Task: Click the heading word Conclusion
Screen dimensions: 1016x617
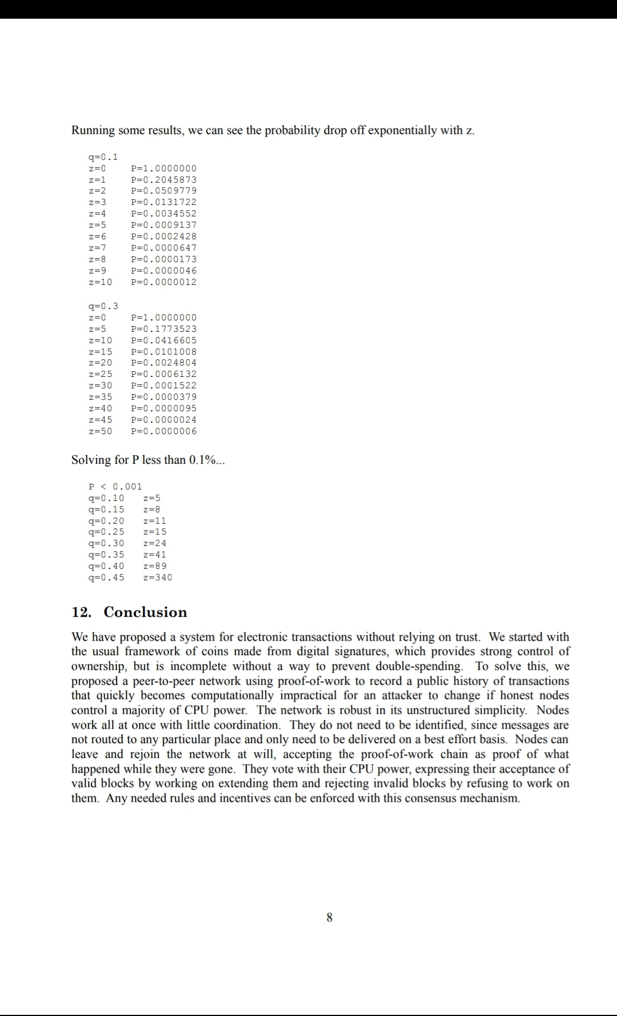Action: (145, 612)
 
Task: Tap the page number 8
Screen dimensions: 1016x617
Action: (329, 918)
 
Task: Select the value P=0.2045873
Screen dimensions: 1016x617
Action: (163, 179)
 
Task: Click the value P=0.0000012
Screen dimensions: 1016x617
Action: (163, 282)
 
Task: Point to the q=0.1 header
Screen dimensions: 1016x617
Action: (103, 157)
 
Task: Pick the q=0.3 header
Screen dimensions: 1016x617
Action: (103, 306)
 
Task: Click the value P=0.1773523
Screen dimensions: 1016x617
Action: (163, 329)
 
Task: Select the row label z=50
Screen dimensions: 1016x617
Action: (101, 431)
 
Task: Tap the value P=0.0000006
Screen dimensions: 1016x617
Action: (163, 431)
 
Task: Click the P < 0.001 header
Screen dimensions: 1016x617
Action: (115, 487)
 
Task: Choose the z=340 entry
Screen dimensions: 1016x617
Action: (157, 577)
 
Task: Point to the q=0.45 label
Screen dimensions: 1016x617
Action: (106, 577)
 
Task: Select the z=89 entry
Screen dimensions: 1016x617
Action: (155, 566)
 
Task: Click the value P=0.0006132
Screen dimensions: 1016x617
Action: (163, 374)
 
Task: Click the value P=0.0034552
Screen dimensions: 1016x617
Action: (163, 214)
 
